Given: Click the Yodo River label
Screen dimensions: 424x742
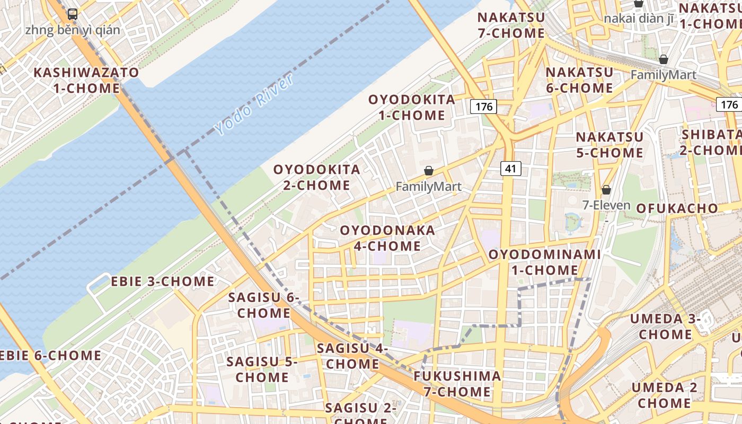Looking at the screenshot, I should [x=254, y=105].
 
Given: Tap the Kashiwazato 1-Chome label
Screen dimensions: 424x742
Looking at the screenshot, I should [x=86, y=80].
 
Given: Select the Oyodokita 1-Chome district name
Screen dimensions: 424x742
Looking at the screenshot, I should [x=412, y=107].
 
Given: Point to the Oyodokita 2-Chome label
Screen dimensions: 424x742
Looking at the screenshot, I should [x=316, y=177].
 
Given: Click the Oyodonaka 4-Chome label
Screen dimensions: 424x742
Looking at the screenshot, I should [x=387, y=238].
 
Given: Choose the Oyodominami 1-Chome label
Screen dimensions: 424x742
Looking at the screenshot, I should [x=544, y=262].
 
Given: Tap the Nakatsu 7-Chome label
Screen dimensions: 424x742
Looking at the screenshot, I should [x=511, y=25].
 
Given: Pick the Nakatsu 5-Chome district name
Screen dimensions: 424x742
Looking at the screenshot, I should [x=609, y=145].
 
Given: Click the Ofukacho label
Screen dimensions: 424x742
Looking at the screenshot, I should [x=677, y=208].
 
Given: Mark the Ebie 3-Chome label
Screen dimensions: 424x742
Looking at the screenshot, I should [x=163, y=281].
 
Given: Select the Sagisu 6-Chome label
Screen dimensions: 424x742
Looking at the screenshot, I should [x=264, y=305].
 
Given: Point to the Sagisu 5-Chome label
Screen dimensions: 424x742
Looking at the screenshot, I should [x=262, y=369].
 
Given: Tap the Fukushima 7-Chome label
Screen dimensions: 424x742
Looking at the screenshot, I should [x=457, y=384].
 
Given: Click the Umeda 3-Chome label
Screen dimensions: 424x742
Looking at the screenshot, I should [x=665, y=326].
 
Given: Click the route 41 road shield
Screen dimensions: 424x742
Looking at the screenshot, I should [x=510, y=169].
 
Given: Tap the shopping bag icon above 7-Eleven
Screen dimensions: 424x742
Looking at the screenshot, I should [x=606, y=189].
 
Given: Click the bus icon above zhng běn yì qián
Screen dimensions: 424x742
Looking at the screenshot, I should [x=73, y=14].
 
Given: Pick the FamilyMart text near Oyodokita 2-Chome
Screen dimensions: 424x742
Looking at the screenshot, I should [x=428, y=187].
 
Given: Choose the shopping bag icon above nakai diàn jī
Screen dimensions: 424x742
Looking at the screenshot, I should [x=639, y=3].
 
